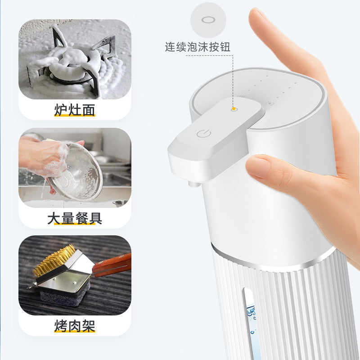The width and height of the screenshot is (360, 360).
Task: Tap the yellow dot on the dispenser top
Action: coord(234,108)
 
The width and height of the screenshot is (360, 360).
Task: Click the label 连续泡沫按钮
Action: coord(198,47)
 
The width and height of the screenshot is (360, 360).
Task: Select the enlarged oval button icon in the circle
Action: coord(208,20)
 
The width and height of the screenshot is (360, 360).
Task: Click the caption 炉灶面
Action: coord(75,110)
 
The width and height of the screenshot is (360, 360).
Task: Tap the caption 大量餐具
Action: coord(75,218)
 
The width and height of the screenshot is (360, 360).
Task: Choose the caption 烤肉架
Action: coord(75,325)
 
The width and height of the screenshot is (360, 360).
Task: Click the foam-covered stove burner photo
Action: coord(75,59)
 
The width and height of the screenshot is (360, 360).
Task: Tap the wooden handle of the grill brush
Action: coord(112,265)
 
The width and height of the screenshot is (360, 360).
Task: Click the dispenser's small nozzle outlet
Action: coord(193,184)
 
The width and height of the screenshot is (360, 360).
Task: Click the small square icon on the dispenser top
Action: coord(269,103)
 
